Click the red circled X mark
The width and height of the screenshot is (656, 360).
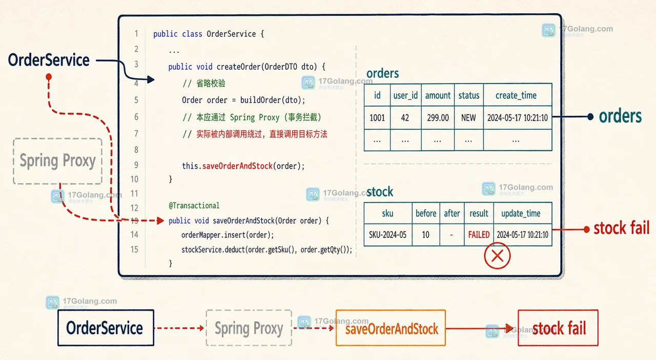(x=497, y=255)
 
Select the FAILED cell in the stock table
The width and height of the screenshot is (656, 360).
(x=479, y=234)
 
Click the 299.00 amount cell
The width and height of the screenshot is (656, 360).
(x=438, y=118)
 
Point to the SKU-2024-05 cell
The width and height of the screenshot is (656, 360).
(x=388, y=234)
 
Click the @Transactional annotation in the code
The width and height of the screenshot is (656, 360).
(x=194, y=206)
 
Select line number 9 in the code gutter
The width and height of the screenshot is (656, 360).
(x=136, y=165)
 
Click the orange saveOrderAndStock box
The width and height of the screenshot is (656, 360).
(x=391, y=328)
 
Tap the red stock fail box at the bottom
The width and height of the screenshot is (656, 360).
(x=558, y=328)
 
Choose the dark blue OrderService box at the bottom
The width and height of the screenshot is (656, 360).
(x=106, y=328)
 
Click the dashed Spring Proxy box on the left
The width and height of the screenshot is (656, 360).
(x=58, y=161)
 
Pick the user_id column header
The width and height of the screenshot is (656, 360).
(x=405, y=95)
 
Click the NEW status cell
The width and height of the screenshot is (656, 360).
(x=468, y=118)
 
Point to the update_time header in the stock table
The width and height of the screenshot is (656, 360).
(x=522, y=213)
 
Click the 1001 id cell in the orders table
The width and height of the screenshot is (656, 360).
(x=377, y=118)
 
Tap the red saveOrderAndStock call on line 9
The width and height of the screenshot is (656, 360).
(x=237, y=166)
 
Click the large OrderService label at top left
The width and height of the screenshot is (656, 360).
(x=49, y=60)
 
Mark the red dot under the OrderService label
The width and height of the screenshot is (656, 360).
(x=49, y=77)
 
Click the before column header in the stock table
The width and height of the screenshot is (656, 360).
(x=426, y=213)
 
